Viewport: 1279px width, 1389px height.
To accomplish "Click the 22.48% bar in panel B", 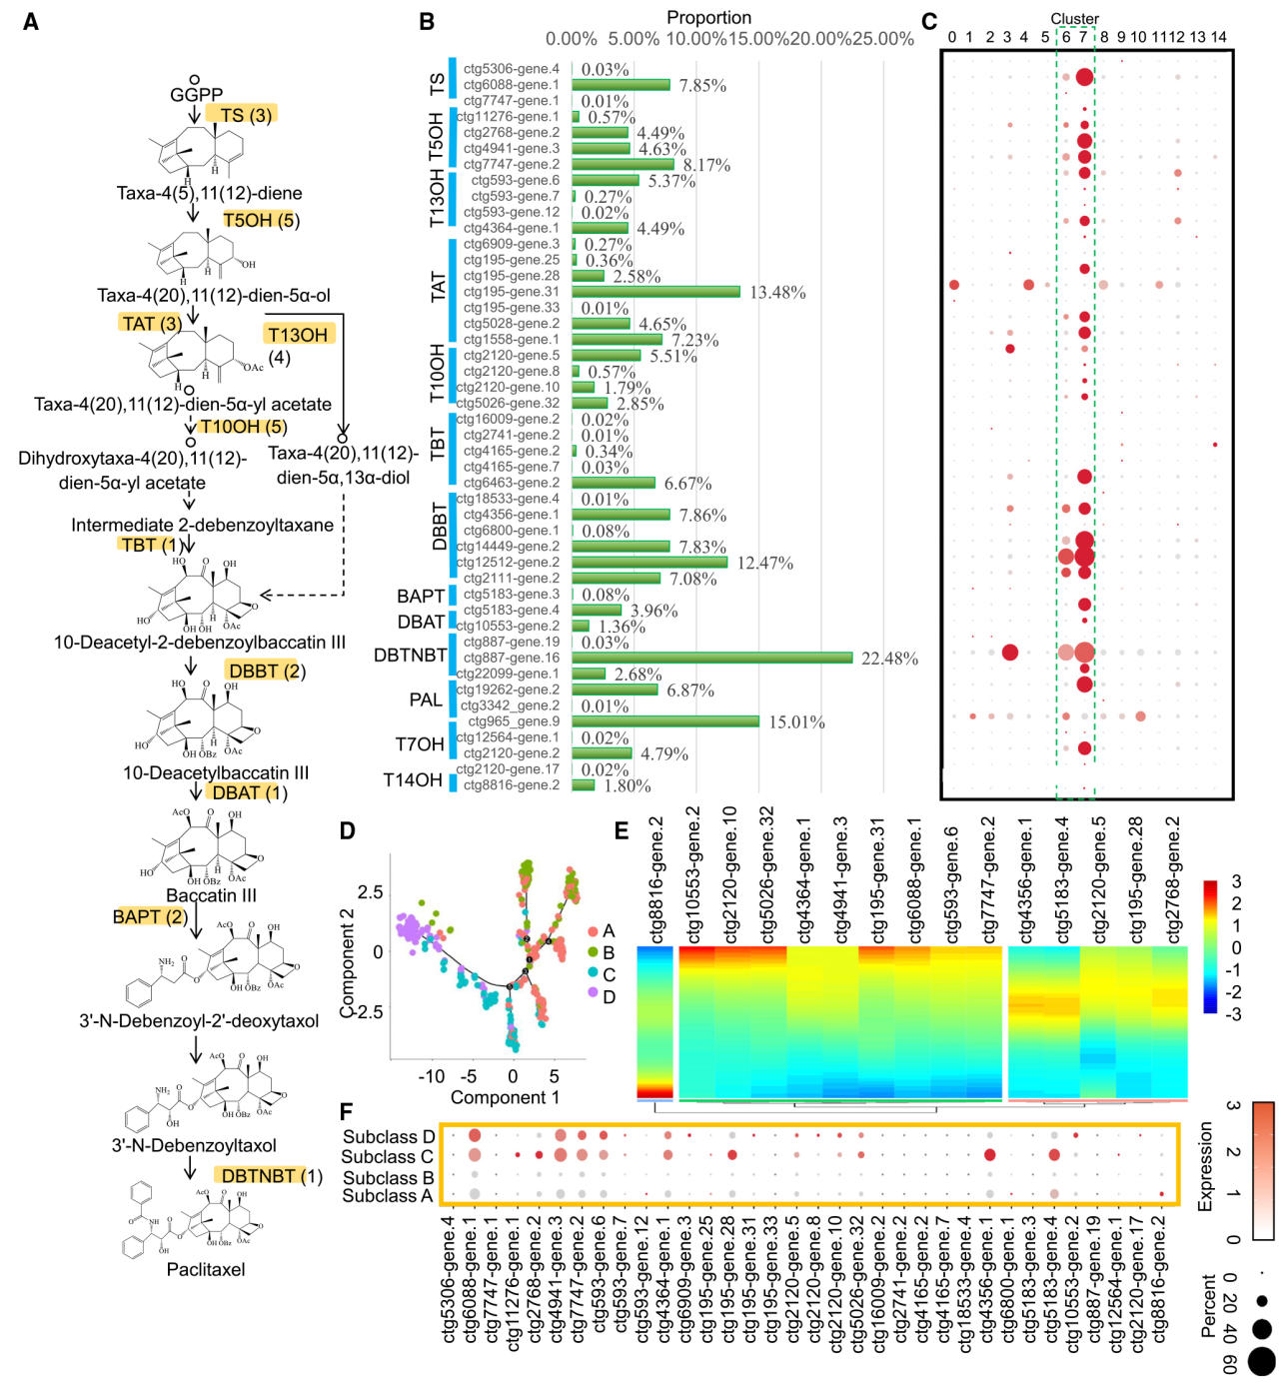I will coord(711,658).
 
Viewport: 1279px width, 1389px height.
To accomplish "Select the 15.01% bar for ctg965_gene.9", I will coord(665,721).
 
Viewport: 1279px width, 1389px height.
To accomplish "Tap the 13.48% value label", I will coord(777,293).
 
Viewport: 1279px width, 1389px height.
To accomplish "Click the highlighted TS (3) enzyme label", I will coord(240,115).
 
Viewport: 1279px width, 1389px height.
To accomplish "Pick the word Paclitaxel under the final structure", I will coord(206,1269).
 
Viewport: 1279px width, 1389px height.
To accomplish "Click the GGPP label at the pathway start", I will coord(196,95).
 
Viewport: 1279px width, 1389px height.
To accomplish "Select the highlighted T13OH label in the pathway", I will coord(298,335).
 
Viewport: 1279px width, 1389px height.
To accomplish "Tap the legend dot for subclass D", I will coord(593,997).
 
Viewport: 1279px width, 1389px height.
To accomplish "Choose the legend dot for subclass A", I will coord(593,931).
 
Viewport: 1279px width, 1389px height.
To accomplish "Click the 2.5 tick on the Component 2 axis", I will coord(370,891).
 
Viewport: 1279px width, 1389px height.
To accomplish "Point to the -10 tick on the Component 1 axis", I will coord(431,1077).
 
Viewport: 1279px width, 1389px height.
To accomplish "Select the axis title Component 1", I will coord(505,1097).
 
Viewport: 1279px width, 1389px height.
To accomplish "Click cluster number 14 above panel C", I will coord(1218,37).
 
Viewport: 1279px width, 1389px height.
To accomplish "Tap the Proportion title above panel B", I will coord(708,18).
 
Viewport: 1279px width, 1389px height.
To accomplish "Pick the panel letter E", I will coord(622,831).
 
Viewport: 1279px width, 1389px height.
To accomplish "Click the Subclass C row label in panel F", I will coord(388,1157).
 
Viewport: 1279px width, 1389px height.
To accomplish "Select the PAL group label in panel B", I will coord(426,699).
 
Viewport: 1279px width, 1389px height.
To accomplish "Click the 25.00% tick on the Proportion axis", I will coord(883,39).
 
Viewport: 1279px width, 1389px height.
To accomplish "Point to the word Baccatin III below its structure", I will coord(211,895).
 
